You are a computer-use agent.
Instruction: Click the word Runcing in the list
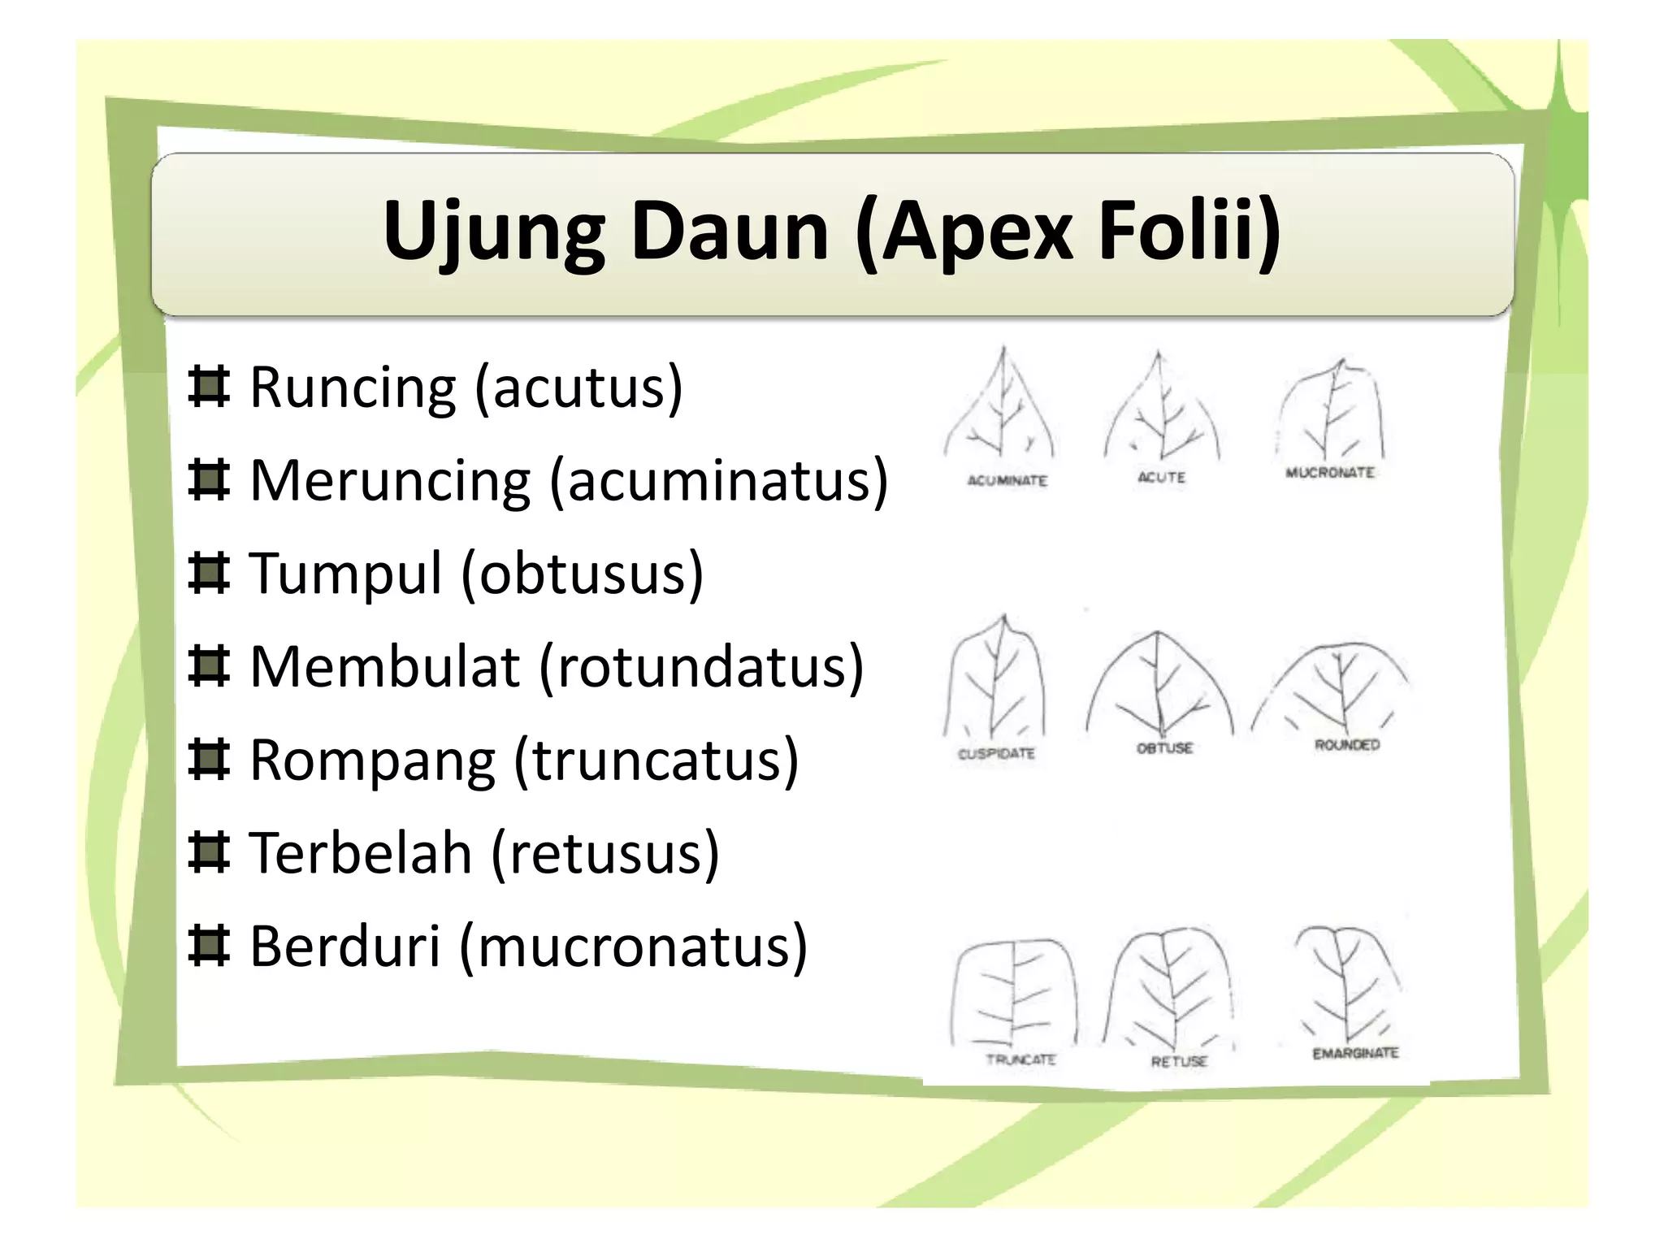tap(353, 388)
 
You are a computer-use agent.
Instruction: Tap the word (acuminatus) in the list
tap(719, 481)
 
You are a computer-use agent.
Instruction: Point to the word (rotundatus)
tap(700, 667)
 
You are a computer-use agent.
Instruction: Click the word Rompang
tap(372, 760)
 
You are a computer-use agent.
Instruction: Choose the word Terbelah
tap(360, 853)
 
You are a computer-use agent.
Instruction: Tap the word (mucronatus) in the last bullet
tap(634, 947)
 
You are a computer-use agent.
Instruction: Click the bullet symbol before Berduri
tap(209, 947)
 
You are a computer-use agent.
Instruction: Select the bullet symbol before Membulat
tap(209, 667)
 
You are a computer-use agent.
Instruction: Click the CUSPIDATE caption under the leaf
tap(996, 754)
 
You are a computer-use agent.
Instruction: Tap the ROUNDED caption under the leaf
tap(1347, 744)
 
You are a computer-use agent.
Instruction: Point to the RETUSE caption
tap(1179, 1061)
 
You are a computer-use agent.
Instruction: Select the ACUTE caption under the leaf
tap(1161, 478)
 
